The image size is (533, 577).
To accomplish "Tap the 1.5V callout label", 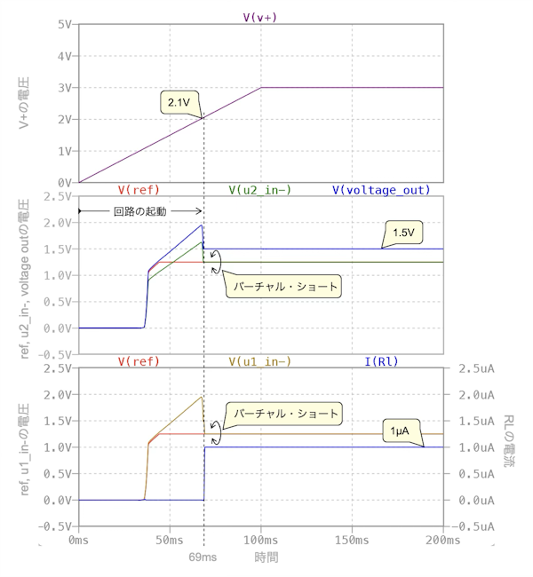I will click(402, 234).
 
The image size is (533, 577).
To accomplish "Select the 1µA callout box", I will click(401, 431).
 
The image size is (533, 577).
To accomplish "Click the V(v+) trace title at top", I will click(260, 17).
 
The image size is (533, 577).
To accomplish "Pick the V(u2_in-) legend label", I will click(259, 190).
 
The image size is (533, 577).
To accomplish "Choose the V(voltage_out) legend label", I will click(381, 190).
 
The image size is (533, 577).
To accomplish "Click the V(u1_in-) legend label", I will click(259, 361).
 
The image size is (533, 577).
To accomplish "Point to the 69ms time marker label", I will click(203, 557).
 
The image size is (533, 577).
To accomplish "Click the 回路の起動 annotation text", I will click(141, 211).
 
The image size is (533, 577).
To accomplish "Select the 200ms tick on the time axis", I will click(442, 540).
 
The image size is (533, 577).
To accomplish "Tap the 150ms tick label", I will click(352, 540).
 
